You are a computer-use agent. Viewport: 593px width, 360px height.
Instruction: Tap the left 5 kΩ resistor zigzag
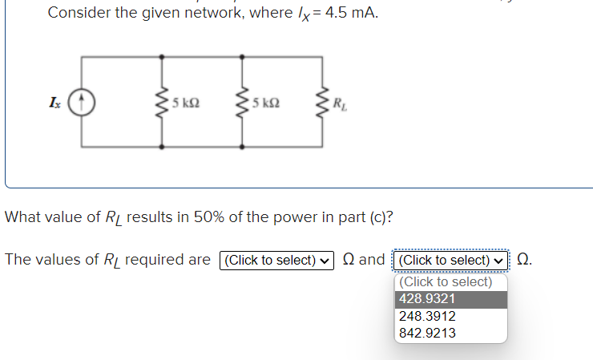(162, 102)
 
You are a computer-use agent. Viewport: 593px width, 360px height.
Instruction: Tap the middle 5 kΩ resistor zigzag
(242, 102)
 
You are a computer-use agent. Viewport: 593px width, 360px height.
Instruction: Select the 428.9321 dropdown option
(428, 298)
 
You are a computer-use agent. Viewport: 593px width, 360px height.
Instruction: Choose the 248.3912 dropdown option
(428, 316)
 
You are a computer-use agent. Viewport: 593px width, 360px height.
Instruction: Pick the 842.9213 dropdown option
(428, 333)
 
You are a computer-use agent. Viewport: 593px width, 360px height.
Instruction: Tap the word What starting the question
(24, 217)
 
